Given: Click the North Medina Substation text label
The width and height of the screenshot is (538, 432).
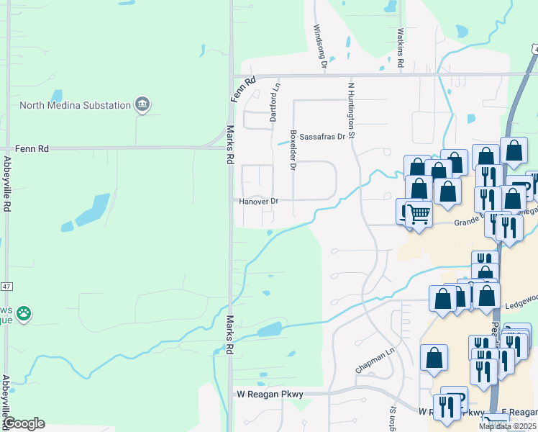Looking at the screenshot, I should pos(75,105).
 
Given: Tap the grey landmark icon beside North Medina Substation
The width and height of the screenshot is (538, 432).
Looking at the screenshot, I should pos(142,105).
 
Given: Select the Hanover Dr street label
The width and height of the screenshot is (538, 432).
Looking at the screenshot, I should pos(258,202).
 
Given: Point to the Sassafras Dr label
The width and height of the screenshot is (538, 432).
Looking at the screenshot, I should pos(322,136).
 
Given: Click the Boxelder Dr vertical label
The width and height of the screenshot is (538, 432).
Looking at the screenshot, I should pos(293,150).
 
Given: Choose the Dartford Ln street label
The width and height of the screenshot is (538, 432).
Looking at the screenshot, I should pos(274,102).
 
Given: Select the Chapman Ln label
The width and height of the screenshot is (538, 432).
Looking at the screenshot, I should pos(375,359).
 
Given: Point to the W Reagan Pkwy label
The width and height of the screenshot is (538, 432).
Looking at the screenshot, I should pos(270,394).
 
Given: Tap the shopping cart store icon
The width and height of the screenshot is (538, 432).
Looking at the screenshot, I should pos(418,213).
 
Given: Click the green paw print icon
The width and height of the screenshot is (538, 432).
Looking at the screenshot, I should pos(24,313).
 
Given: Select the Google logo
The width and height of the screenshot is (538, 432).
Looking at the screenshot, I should pos(23,423).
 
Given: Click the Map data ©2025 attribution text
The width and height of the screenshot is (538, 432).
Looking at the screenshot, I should pos(506,426).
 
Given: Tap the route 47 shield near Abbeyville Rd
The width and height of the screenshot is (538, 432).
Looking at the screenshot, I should pos(6,266).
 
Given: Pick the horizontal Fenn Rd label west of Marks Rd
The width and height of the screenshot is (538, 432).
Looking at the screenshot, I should pos(34,148).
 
